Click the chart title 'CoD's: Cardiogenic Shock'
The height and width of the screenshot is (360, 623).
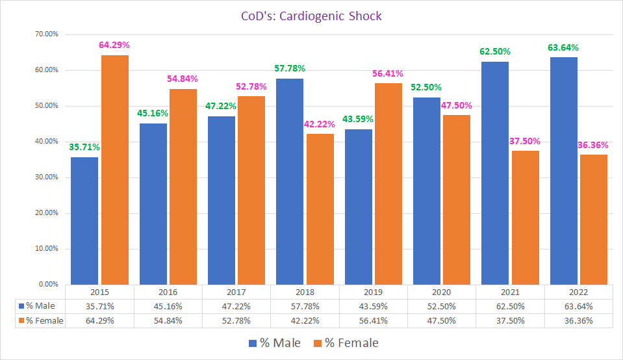[311, 16]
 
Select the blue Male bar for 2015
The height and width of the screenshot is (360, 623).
[84, 220]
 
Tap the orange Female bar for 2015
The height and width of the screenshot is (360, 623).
[114, 170]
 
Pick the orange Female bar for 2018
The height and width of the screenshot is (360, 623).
[320, 209]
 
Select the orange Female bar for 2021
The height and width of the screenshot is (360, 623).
[525, 217]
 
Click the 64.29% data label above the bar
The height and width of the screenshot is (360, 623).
[114, 45]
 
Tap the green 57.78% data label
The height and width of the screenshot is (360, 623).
[289, 68]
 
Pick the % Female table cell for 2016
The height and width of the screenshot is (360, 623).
[169, 320]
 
